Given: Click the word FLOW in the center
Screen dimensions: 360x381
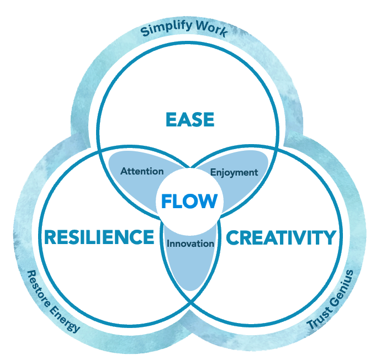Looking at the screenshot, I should (189, 202).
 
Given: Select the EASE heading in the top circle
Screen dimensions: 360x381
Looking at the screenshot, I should (190, 119).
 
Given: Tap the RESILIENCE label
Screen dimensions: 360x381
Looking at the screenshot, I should (99, 237).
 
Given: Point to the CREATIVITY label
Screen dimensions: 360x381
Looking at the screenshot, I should (281, 237).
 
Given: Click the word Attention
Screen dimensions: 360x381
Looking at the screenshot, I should (142, 171).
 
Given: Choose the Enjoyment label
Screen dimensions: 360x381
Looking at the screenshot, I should (234, 172).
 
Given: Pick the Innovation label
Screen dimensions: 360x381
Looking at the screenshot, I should (190, 243).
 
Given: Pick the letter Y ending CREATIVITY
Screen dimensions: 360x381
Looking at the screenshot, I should (329, 237).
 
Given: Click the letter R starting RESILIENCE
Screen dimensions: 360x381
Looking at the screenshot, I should (50, 237).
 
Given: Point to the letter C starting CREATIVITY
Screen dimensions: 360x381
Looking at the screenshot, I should (232, 237).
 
